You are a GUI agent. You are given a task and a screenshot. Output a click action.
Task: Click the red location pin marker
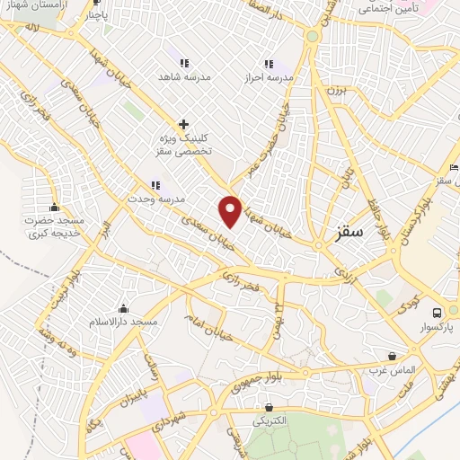point(231,210)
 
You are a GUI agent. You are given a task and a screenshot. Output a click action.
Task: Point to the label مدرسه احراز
point(268,78)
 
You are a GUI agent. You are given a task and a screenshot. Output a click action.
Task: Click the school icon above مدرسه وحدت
point(156,185)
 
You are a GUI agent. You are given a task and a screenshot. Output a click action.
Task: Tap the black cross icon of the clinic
point(184,124)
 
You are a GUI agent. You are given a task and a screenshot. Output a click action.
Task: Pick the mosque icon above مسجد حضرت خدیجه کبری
point(55,206)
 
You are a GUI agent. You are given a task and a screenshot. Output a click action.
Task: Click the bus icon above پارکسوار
point(437,313)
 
